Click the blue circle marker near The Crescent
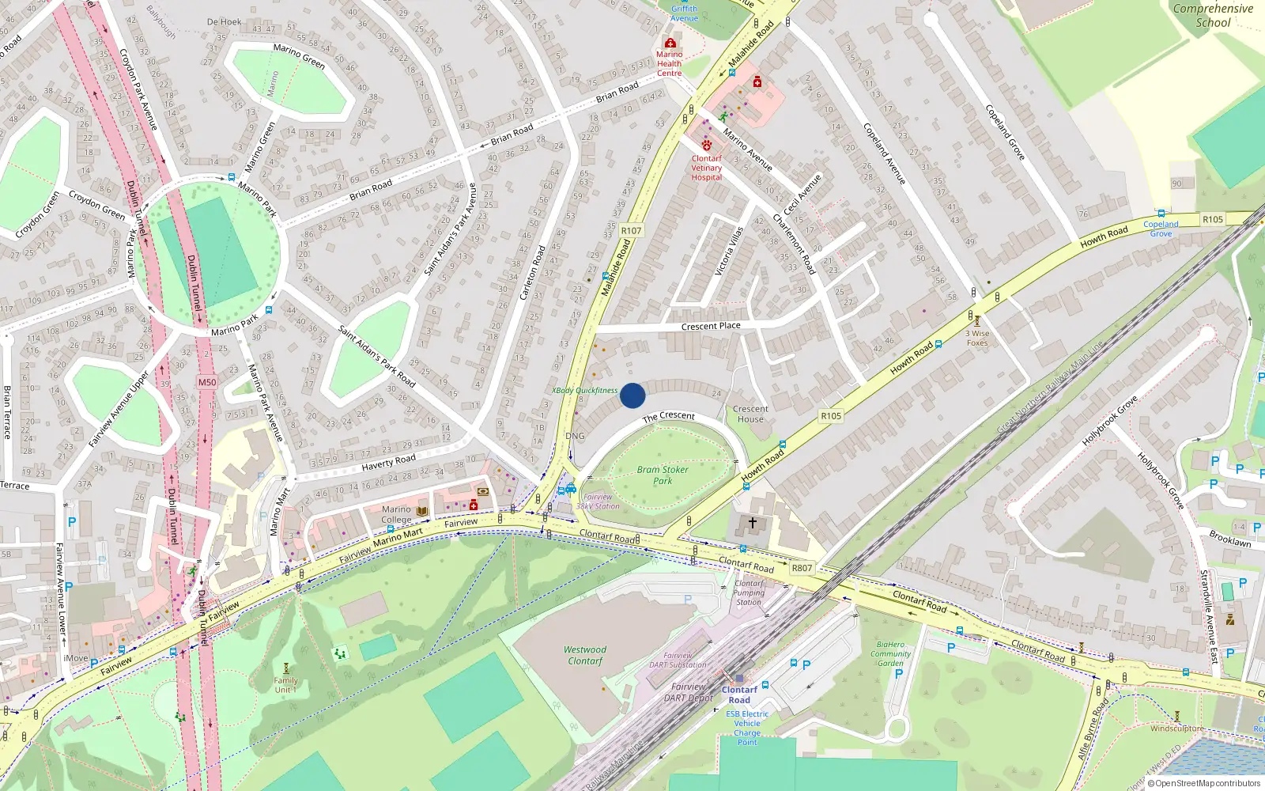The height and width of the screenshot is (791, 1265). coord(632,395)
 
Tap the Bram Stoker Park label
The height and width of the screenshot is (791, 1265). coord(663,475)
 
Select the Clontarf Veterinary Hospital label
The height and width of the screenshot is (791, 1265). coord(706,168)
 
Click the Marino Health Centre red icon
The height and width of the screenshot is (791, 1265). coord(670,43)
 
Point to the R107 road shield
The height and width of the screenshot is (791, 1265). coord(631,230)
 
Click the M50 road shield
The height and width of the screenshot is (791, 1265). coord(207,382)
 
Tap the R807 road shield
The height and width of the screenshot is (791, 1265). coord(802,568)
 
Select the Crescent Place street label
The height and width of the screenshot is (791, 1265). coord(711,326)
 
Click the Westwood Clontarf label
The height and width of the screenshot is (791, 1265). coord(585,655)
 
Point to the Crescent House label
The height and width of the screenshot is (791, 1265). coord(750,414)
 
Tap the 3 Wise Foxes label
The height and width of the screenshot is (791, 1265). coord(977,338)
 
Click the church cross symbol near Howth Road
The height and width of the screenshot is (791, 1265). coord(753,523)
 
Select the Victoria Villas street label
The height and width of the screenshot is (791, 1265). coord(729,252)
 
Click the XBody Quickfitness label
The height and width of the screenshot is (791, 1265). coord(585,390)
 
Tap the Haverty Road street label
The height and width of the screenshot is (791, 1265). coord(388,462)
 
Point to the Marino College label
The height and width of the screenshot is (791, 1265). coord(396,514)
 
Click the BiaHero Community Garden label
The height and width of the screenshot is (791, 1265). coord(890,653)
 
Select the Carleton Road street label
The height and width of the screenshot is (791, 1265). coord(533,272)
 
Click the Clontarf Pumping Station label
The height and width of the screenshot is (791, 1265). coord(749,592)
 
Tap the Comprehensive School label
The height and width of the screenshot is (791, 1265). coord(1213,16)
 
